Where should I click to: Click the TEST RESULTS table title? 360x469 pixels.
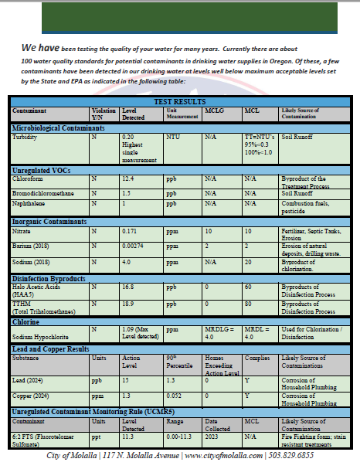point(179,101)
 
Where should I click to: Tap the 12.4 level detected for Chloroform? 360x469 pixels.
point(128,178)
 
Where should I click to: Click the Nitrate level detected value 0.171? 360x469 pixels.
point(131,232)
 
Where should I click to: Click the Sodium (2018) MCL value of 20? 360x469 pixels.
point(248,262)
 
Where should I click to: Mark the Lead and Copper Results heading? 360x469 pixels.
point(51,349)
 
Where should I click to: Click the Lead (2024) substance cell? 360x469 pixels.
point(29,380)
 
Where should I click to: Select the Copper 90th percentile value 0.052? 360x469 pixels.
point(175,396)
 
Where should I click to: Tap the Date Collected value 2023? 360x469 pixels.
point(210,437)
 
